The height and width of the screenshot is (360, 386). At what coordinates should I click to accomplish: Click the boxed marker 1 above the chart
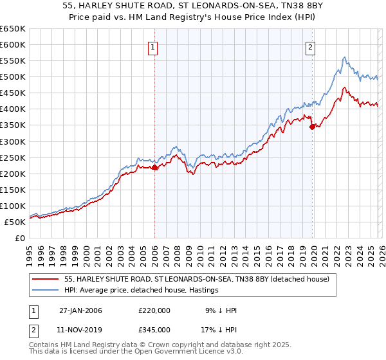[154, 47]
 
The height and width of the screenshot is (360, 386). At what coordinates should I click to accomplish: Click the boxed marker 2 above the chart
[311, 47]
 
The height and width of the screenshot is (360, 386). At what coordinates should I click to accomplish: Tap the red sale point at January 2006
[154, 167]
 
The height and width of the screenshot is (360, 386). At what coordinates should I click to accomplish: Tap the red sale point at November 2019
[312, 127]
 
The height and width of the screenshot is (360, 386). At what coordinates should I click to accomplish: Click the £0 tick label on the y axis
[21, 238]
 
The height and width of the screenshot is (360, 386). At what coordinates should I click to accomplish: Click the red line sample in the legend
[45, 279]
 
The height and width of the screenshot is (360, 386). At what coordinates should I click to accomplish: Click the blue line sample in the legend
[45, 291]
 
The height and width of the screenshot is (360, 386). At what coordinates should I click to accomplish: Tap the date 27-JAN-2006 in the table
[80, 310]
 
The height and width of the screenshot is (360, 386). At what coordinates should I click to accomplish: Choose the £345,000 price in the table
[154, 329]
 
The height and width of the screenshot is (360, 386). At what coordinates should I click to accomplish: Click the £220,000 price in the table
[154, 310]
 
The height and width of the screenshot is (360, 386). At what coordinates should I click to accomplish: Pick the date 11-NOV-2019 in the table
[80, 329]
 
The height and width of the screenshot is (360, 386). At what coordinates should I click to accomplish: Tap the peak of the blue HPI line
[345, 57]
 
